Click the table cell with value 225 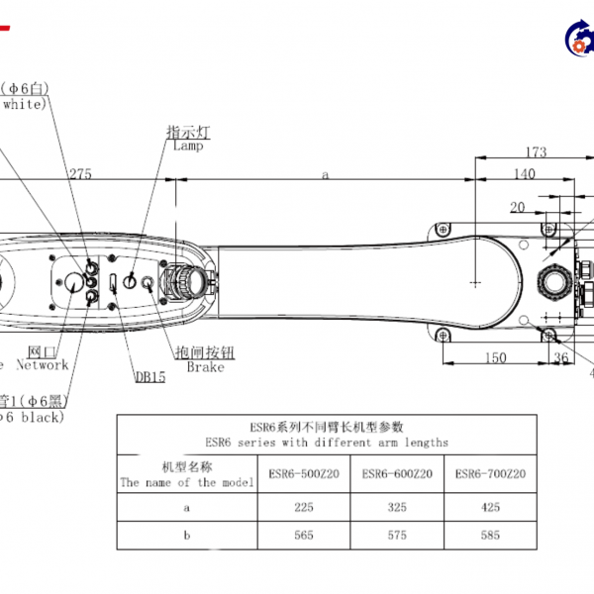[x=303, y=508]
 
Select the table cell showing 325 [x=397, y=508]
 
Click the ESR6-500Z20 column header [x=303, y=475]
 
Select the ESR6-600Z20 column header [x=397, y=475]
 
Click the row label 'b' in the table [x=186, y=536]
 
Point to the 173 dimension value [x=536, y=152]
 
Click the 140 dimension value [x=524, y=174]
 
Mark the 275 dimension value [x=80, y=174]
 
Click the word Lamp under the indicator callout [x=187, y=146]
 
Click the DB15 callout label [x=149, y=376]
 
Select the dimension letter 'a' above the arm [x=324, y=174]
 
